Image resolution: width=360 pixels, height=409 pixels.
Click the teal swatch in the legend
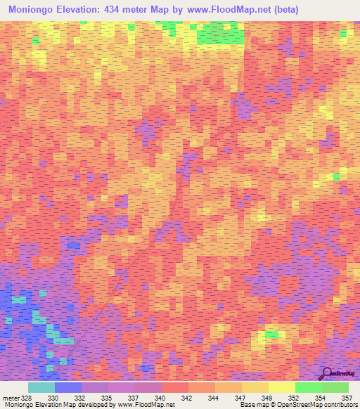(41, 387)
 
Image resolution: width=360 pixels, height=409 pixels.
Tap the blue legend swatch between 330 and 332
(68, 387)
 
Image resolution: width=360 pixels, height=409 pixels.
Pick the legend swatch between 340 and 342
(175, 387)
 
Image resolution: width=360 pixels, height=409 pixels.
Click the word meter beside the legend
(11, 398)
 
